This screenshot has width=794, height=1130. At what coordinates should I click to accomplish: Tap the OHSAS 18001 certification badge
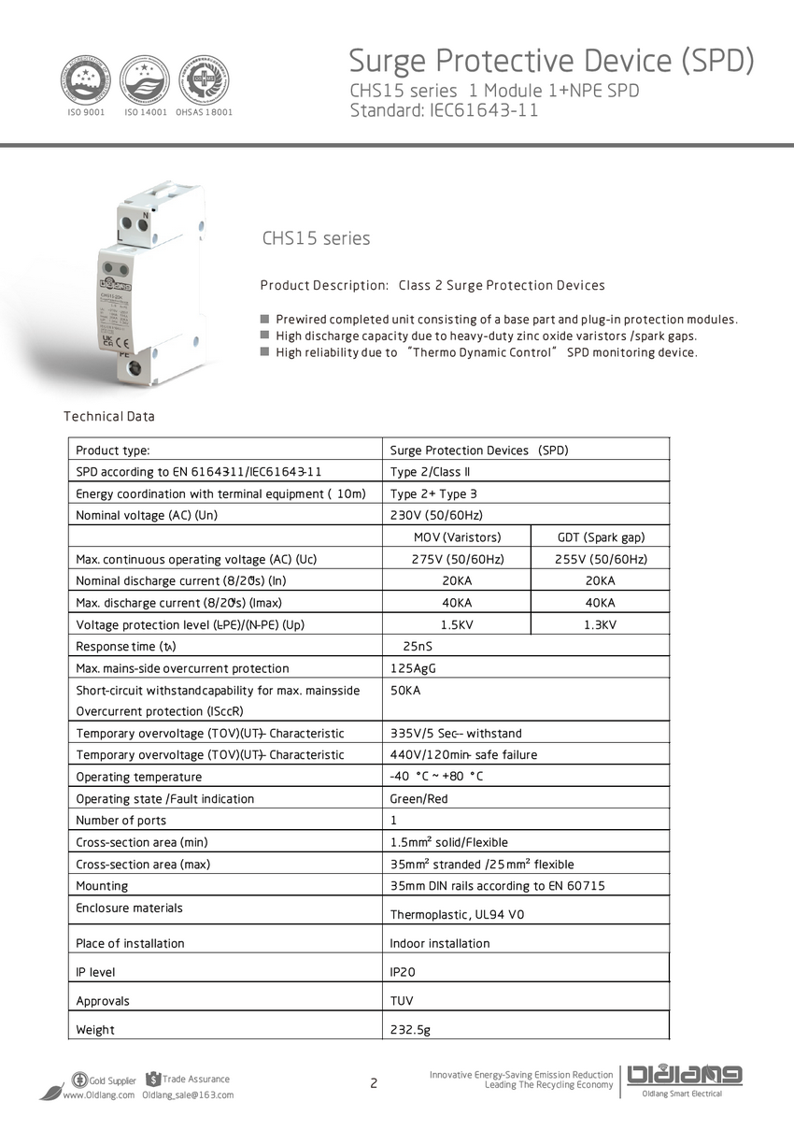tap(203, 79)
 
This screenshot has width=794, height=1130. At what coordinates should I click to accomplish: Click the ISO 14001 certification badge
tap(145, 79)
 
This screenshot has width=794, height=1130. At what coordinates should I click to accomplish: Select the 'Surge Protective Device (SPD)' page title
tap(551, 61)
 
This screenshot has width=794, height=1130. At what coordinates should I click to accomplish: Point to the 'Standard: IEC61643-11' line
tap(444, 110)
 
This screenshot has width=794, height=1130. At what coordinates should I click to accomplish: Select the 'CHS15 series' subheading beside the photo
tap(316, 238)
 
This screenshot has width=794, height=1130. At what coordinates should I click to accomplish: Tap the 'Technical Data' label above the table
tap(108, 416)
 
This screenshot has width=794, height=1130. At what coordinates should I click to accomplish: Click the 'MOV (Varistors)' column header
tap(457, 537)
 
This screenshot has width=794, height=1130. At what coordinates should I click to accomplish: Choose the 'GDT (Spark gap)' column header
tap(601, 537)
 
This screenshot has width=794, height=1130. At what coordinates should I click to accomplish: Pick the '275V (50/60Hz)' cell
tap(457, 559)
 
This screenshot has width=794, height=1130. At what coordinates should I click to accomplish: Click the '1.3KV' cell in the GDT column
tap(601, 624)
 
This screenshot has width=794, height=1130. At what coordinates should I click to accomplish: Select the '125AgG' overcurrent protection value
tap(413, 668)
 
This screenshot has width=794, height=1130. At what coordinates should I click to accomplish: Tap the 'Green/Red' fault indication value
tap(418, 799)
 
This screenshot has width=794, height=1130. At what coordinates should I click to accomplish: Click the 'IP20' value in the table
tap(403, 972)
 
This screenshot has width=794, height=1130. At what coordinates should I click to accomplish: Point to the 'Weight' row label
tap(95, 1030)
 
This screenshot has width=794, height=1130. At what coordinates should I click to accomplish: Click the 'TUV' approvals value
tap(401, 1001)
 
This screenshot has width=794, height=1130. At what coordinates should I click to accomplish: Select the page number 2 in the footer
tap(374, 1084)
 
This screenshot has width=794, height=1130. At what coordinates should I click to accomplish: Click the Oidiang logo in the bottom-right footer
tap(686, 1077)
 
